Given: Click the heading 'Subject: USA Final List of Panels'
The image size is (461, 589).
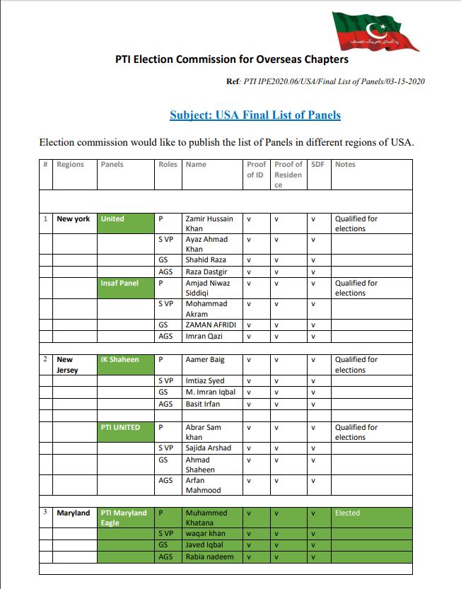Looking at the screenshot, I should coord(255,115).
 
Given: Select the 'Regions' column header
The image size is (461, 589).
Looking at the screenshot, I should coord(70,165).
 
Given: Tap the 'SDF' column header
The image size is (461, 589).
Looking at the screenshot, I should coord(317,165).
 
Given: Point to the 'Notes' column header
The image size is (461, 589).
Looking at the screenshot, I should coord(345,165).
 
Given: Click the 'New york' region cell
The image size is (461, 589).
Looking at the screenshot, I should coord(74,219).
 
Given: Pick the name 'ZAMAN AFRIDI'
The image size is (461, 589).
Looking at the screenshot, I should coord(210,325).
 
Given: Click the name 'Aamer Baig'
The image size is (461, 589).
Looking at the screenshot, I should coord(205,360).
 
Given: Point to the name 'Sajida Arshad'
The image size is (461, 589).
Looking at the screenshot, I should coord(208,448).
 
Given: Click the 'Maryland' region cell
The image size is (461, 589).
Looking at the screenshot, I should coord(74,513).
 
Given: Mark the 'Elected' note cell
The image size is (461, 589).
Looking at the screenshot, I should coord(347,513).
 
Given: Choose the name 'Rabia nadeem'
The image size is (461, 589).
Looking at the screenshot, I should coord(209,557).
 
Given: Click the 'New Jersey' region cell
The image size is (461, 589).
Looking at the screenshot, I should coord(68,365).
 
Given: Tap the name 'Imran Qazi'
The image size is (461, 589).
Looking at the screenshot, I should coord(205,337).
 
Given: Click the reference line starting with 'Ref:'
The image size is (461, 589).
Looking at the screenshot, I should coord(325,82).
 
